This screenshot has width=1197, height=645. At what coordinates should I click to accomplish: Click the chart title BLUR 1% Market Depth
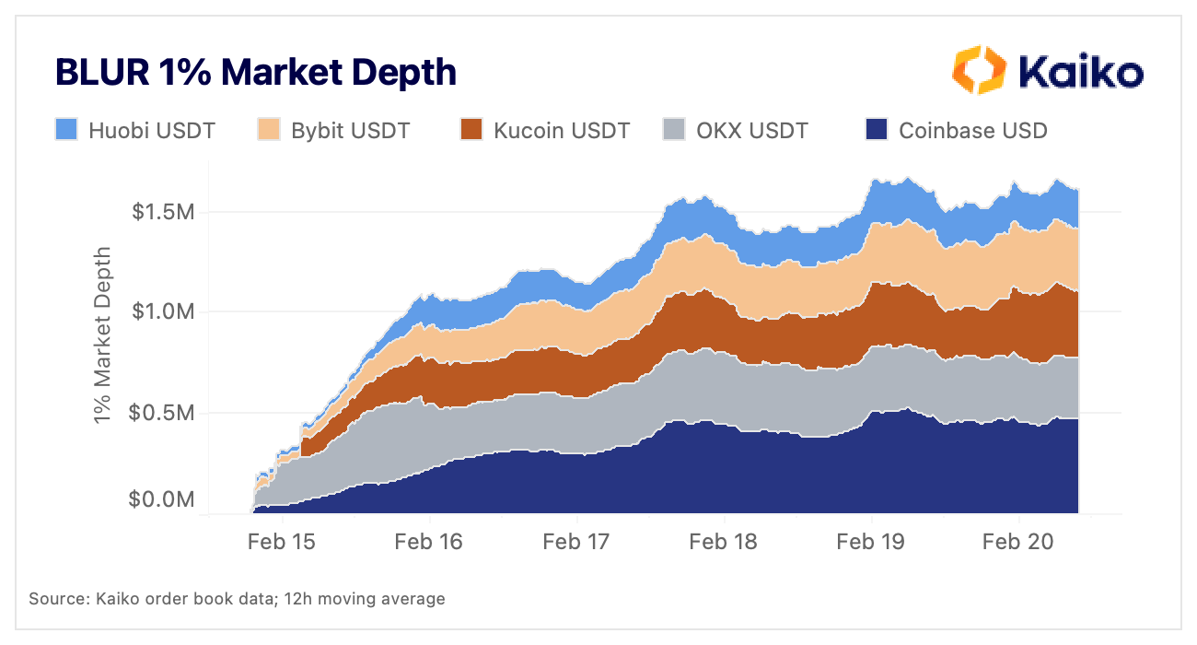[x=256, y=72]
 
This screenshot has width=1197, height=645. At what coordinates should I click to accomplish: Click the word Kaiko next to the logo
[x=1079, y=72]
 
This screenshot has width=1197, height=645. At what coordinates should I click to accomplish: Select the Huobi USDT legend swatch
[x=66, y=130]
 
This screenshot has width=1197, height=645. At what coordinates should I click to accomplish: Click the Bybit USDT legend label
[x=350, y=130]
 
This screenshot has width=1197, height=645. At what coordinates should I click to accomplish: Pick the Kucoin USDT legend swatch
[x=471, y=130]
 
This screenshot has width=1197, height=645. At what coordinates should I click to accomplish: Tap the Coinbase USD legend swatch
[x=877, y=130]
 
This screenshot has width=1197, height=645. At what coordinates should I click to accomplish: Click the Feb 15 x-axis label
[x=281, y=541]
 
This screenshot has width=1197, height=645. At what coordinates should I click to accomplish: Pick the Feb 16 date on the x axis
[x=428, y=541]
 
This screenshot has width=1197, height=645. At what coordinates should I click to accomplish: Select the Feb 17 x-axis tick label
[x=575, y=541]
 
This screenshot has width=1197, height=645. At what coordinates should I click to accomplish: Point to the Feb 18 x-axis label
[x=723, y=541]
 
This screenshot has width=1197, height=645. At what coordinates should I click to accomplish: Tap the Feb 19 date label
[x=870, y=541]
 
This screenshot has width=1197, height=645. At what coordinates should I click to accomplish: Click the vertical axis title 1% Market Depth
[x=104, y=335]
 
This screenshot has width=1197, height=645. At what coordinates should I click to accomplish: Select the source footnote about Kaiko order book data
[x=237, y=599]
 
